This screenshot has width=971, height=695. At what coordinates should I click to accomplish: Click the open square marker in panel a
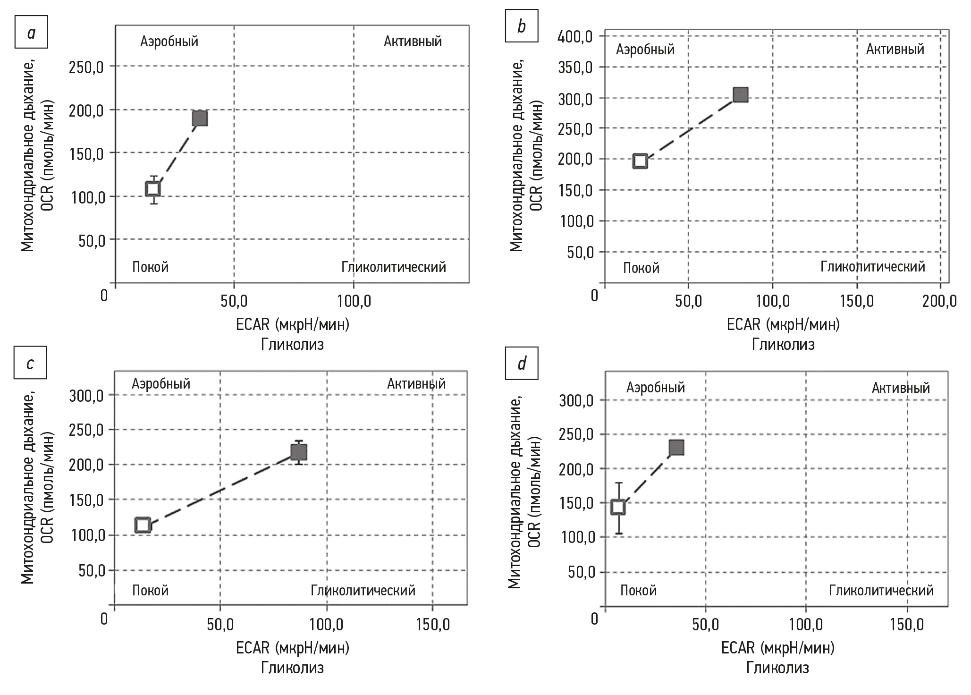(x=153, y=189)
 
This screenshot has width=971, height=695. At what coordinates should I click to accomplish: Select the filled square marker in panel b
(x=741, y=94)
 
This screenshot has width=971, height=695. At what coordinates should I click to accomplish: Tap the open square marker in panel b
(x=640, y=161)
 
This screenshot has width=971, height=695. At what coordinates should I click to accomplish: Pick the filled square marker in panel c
(x=299, y=452)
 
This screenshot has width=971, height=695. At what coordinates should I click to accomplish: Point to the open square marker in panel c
(x=143, y=525)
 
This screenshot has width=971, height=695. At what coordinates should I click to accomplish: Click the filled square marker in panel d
(x=676, y=447)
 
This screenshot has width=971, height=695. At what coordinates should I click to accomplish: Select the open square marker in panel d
(x=618, y=507)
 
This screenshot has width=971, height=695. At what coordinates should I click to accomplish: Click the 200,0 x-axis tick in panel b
(x=939, y=301)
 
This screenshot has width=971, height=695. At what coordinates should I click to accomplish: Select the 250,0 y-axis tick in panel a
(x=86, y=67)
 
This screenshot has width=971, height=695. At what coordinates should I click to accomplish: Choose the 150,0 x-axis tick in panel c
(x=432, y=624)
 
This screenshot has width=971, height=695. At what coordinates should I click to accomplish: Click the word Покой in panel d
(x=638, y=590)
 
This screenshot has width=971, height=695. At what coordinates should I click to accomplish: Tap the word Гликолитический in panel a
(x=394, y=267)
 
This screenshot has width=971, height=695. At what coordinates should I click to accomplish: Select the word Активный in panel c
(x=416, y=383)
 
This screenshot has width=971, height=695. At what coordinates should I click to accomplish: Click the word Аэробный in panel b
(x=645, y=50)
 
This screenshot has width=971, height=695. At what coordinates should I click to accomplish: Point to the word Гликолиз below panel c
(x=293, y=668)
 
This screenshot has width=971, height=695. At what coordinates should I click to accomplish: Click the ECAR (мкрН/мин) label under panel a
(x=293, y=324)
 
